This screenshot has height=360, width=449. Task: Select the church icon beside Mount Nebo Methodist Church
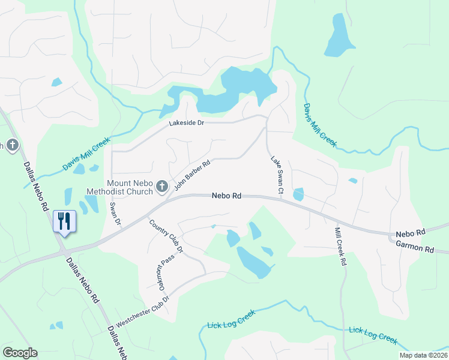[161, 188]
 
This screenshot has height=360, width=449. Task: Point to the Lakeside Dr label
[187, 122]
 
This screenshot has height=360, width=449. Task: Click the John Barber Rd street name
[192, 176]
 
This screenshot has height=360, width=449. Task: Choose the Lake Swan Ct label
[276, 175]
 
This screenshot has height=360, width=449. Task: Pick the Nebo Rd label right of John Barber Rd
[226, 196]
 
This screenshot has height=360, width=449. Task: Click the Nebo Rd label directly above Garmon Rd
[410, 232]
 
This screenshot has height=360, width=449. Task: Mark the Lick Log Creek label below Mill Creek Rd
[373, 335]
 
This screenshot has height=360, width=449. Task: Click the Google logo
[20, 353]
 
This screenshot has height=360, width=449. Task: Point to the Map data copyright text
[424, 355]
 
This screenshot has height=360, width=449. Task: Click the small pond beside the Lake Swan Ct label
[298, 194]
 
